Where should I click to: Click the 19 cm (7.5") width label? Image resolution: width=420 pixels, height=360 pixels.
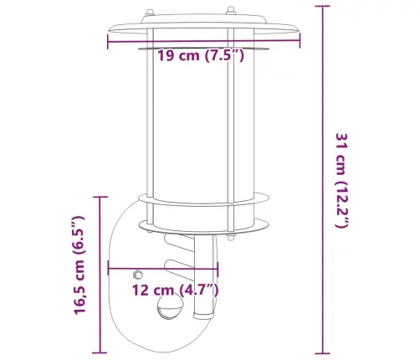click(x=201, y=55)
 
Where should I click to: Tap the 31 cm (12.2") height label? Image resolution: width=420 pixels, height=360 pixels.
click(x=341, y=181)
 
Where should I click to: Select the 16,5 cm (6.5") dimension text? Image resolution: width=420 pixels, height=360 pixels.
click(x=79, y=265)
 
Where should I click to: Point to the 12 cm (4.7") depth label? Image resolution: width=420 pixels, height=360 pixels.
click(x=175, y=290)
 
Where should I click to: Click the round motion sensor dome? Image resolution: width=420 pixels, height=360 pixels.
click(x=170, y=308)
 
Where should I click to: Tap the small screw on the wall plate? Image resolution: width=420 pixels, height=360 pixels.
click(x=138, y=275)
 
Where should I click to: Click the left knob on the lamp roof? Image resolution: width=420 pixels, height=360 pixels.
click(x=150, y=13)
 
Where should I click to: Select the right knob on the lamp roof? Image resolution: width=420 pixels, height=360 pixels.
click(x=231, y=11)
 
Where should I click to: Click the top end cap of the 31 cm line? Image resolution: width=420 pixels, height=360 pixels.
click(x=323, y=6)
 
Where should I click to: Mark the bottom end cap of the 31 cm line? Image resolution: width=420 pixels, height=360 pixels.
click(x=323, y=353)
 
